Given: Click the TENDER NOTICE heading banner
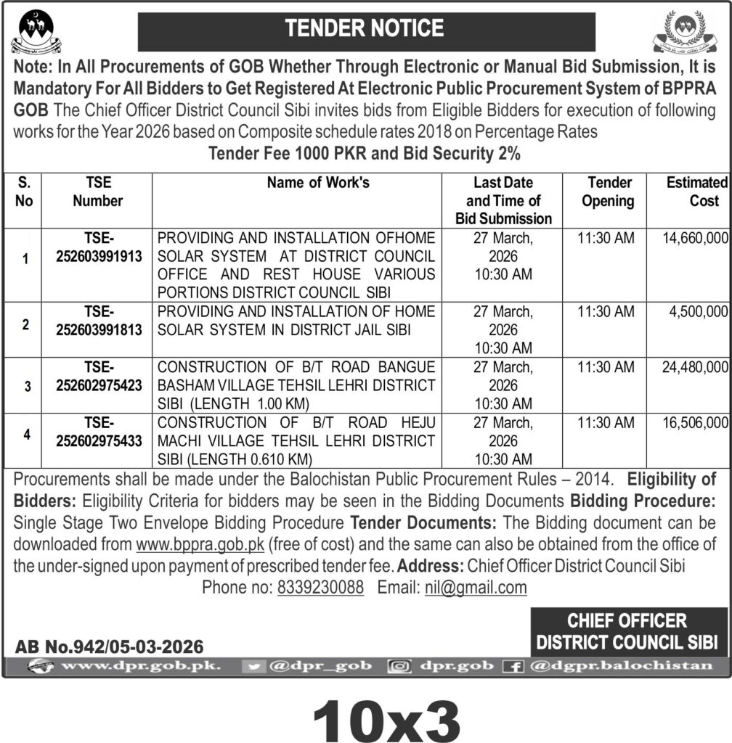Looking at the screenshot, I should [366, 29].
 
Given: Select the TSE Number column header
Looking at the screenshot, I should [98, 192].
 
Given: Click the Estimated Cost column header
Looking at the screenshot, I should [696, 192].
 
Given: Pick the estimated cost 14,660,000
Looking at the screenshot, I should [695, 237].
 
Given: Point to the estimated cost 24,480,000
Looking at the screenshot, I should [695, 368].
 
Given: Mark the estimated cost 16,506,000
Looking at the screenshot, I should [695, 423].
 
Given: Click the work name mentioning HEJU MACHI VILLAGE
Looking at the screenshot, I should [296, 440].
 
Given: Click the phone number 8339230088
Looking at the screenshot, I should [320, 588].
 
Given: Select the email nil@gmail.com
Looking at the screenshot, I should [475, 588].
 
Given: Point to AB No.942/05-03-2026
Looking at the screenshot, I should [109, 646].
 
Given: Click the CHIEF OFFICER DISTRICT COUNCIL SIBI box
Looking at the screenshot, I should [627, 631].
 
